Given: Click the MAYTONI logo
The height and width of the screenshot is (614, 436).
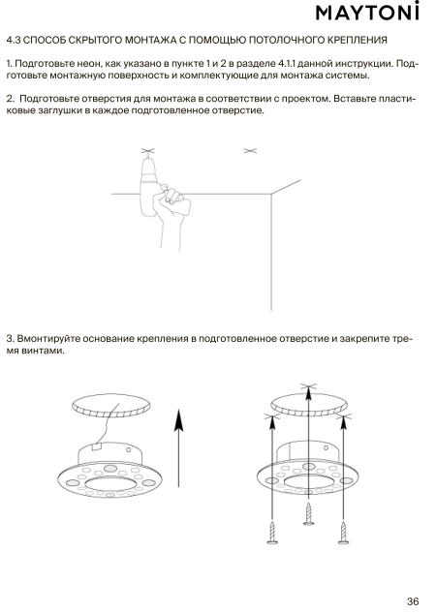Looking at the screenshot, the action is point(367,12).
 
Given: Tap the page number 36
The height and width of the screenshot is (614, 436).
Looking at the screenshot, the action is point(413,601).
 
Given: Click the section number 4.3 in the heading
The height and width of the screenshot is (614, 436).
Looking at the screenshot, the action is point(14,40).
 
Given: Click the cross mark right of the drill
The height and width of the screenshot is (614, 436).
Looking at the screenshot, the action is point(250,150).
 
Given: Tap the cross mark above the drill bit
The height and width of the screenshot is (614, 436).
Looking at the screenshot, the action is point(147,151).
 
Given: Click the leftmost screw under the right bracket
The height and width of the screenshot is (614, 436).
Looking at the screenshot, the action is point(272,532).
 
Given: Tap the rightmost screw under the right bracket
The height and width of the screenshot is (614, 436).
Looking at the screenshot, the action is point(344,532).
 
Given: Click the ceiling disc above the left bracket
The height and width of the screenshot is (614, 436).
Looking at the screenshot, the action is point(111,406).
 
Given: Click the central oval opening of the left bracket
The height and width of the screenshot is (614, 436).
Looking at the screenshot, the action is point(110,484).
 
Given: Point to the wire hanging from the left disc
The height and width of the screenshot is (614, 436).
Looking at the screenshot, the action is point(109,424).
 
